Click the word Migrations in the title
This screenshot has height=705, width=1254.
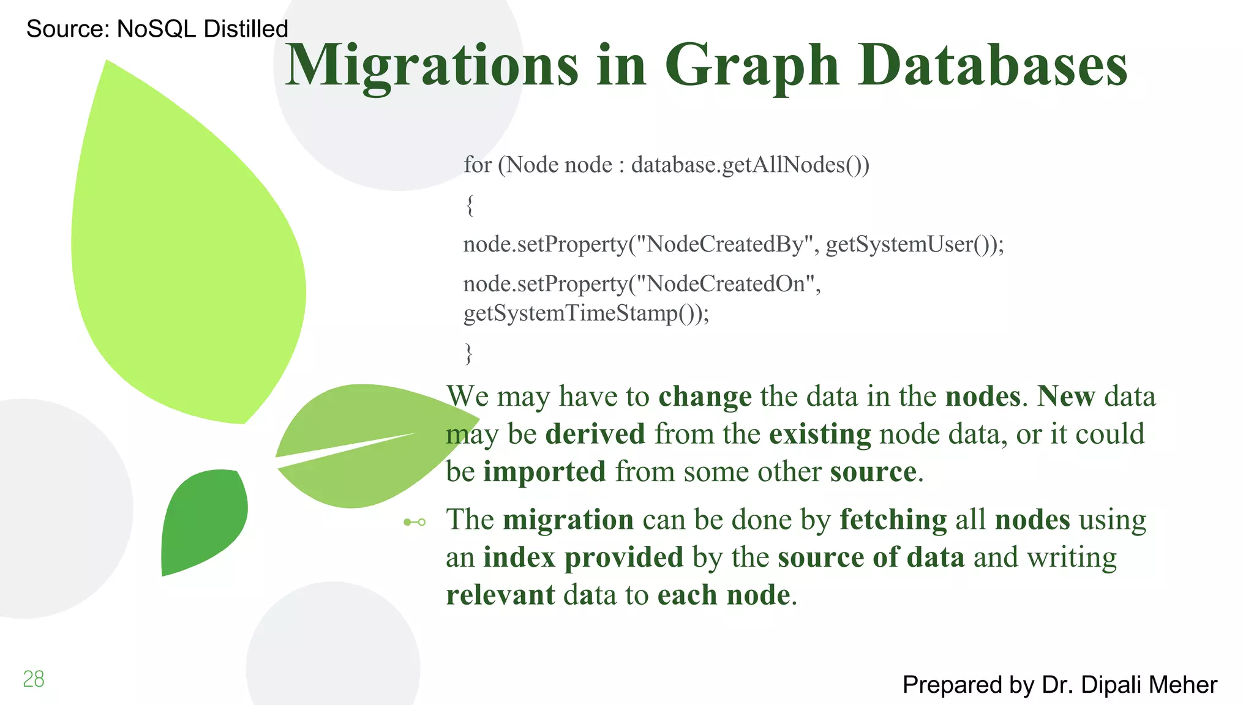[x=432, y=66]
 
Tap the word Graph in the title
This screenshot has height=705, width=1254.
[x=751, y=66]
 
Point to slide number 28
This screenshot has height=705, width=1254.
[x=34, y=679]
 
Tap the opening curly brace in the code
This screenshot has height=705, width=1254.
[x=470, y=204]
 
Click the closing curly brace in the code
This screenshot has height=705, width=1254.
[x=469, y=353]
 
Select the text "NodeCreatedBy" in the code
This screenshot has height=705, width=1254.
[x=725, y=244]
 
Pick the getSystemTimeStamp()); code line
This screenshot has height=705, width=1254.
[x=586, y=313]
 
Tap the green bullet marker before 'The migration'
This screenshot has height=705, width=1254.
[x=415, y=522]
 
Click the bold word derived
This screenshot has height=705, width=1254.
[x=595, y=434]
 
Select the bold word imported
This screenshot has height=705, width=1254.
[x=544, y=472]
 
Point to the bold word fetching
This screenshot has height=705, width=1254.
[x=893, y=520]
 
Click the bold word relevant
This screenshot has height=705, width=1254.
[x=500, y=595]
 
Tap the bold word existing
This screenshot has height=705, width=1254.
[x=820, y=434]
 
